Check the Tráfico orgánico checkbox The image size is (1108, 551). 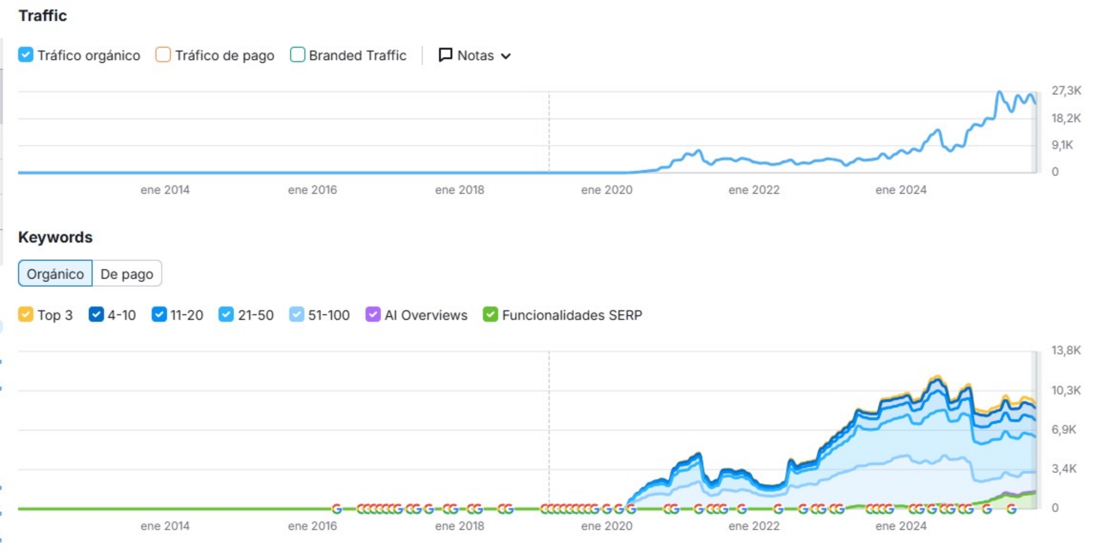click(x=26, y=55)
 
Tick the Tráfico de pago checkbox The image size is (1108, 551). click(x=163, y=55)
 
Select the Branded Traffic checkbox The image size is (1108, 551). click(x=297, y=55)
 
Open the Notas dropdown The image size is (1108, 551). click(x=474, y=55)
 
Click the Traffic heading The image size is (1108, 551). click(x=42, y=16)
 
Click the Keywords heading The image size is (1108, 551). click(x=55, y=237)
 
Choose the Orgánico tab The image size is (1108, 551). click(x=55, y=274)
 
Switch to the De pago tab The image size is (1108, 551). click(x=126, y=274)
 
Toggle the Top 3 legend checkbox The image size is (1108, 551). click(x=26, y=315)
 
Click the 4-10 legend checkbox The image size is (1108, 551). click(x=96, y=315)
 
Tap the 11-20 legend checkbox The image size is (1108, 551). click(x=159, y=315)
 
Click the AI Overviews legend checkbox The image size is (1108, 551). click(x=373, y=315)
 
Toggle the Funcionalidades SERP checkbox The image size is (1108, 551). click(x=490, y=315)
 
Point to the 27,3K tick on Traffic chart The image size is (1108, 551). click(x=1066, y=91)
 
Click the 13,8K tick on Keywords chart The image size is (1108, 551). click(x=1066, y=350)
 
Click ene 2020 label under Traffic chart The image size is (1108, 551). click(x=606, y=190)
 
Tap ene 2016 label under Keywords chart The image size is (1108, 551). click(x=312, y=526)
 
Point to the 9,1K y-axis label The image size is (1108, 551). click(x=1062, y=145)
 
